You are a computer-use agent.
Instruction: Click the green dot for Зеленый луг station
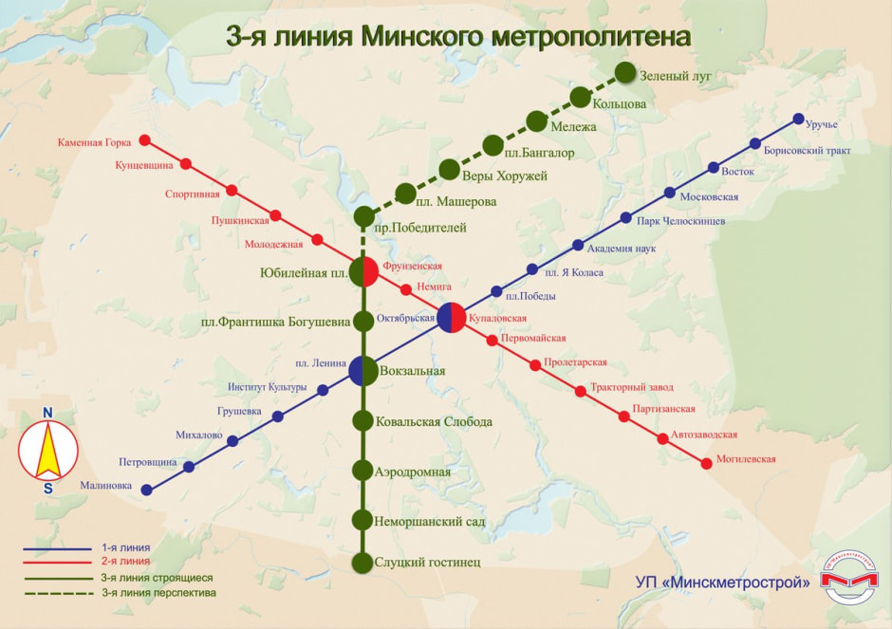pos(625,72)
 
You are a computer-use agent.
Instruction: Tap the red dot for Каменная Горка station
pos(145,140)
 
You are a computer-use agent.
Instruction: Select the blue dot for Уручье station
pos(798,120)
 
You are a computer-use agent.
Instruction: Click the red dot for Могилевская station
pos(706,463)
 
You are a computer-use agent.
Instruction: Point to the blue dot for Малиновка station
pos(146,490)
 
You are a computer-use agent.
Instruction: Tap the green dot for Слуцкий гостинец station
pos(362,563)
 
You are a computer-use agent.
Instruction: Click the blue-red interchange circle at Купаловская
pos(451,318)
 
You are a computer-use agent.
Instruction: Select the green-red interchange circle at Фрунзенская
pos(363,271)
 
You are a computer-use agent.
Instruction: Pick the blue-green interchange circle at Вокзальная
pos(362,371)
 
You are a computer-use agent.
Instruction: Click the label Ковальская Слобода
pos(434,421)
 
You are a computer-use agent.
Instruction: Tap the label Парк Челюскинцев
pos(681,221)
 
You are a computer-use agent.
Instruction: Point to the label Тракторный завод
pos(631,387)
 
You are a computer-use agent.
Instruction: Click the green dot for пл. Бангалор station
pos(492,145)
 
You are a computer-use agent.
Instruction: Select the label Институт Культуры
pos(267,387)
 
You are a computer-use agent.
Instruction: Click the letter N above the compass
pos(47,412)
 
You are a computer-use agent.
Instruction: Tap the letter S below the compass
pos(47,489)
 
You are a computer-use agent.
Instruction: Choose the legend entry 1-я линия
pos(125,548)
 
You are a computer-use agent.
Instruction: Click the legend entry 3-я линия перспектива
pos(158,593)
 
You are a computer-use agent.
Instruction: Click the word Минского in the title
pos(421,36)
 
